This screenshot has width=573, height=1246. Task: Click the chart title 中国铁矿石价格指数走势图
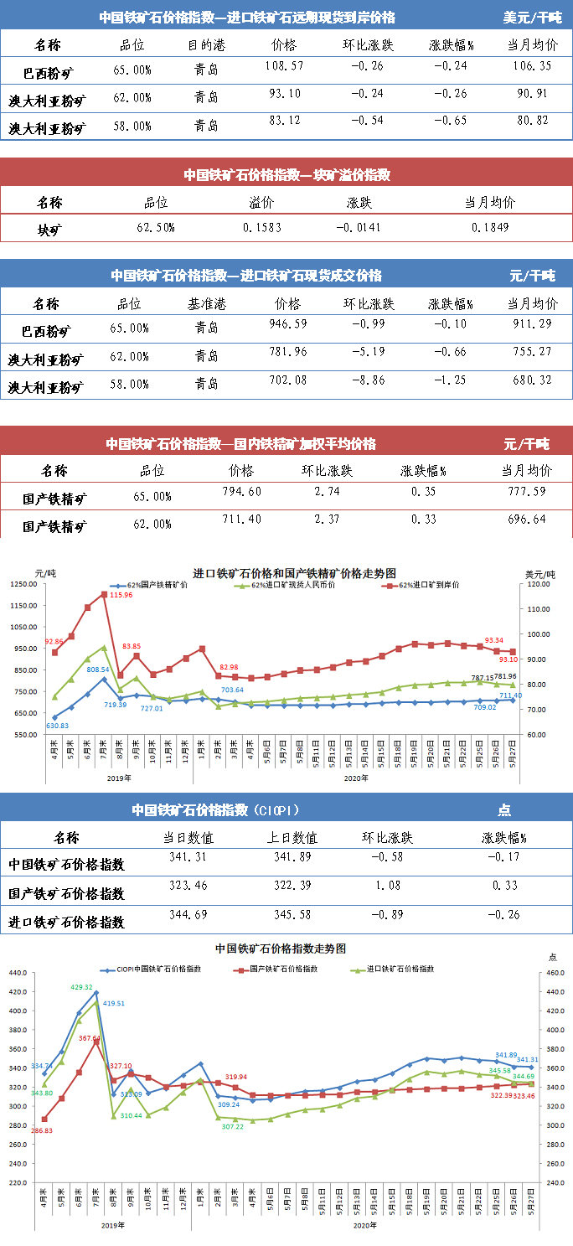coord(280,949)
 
